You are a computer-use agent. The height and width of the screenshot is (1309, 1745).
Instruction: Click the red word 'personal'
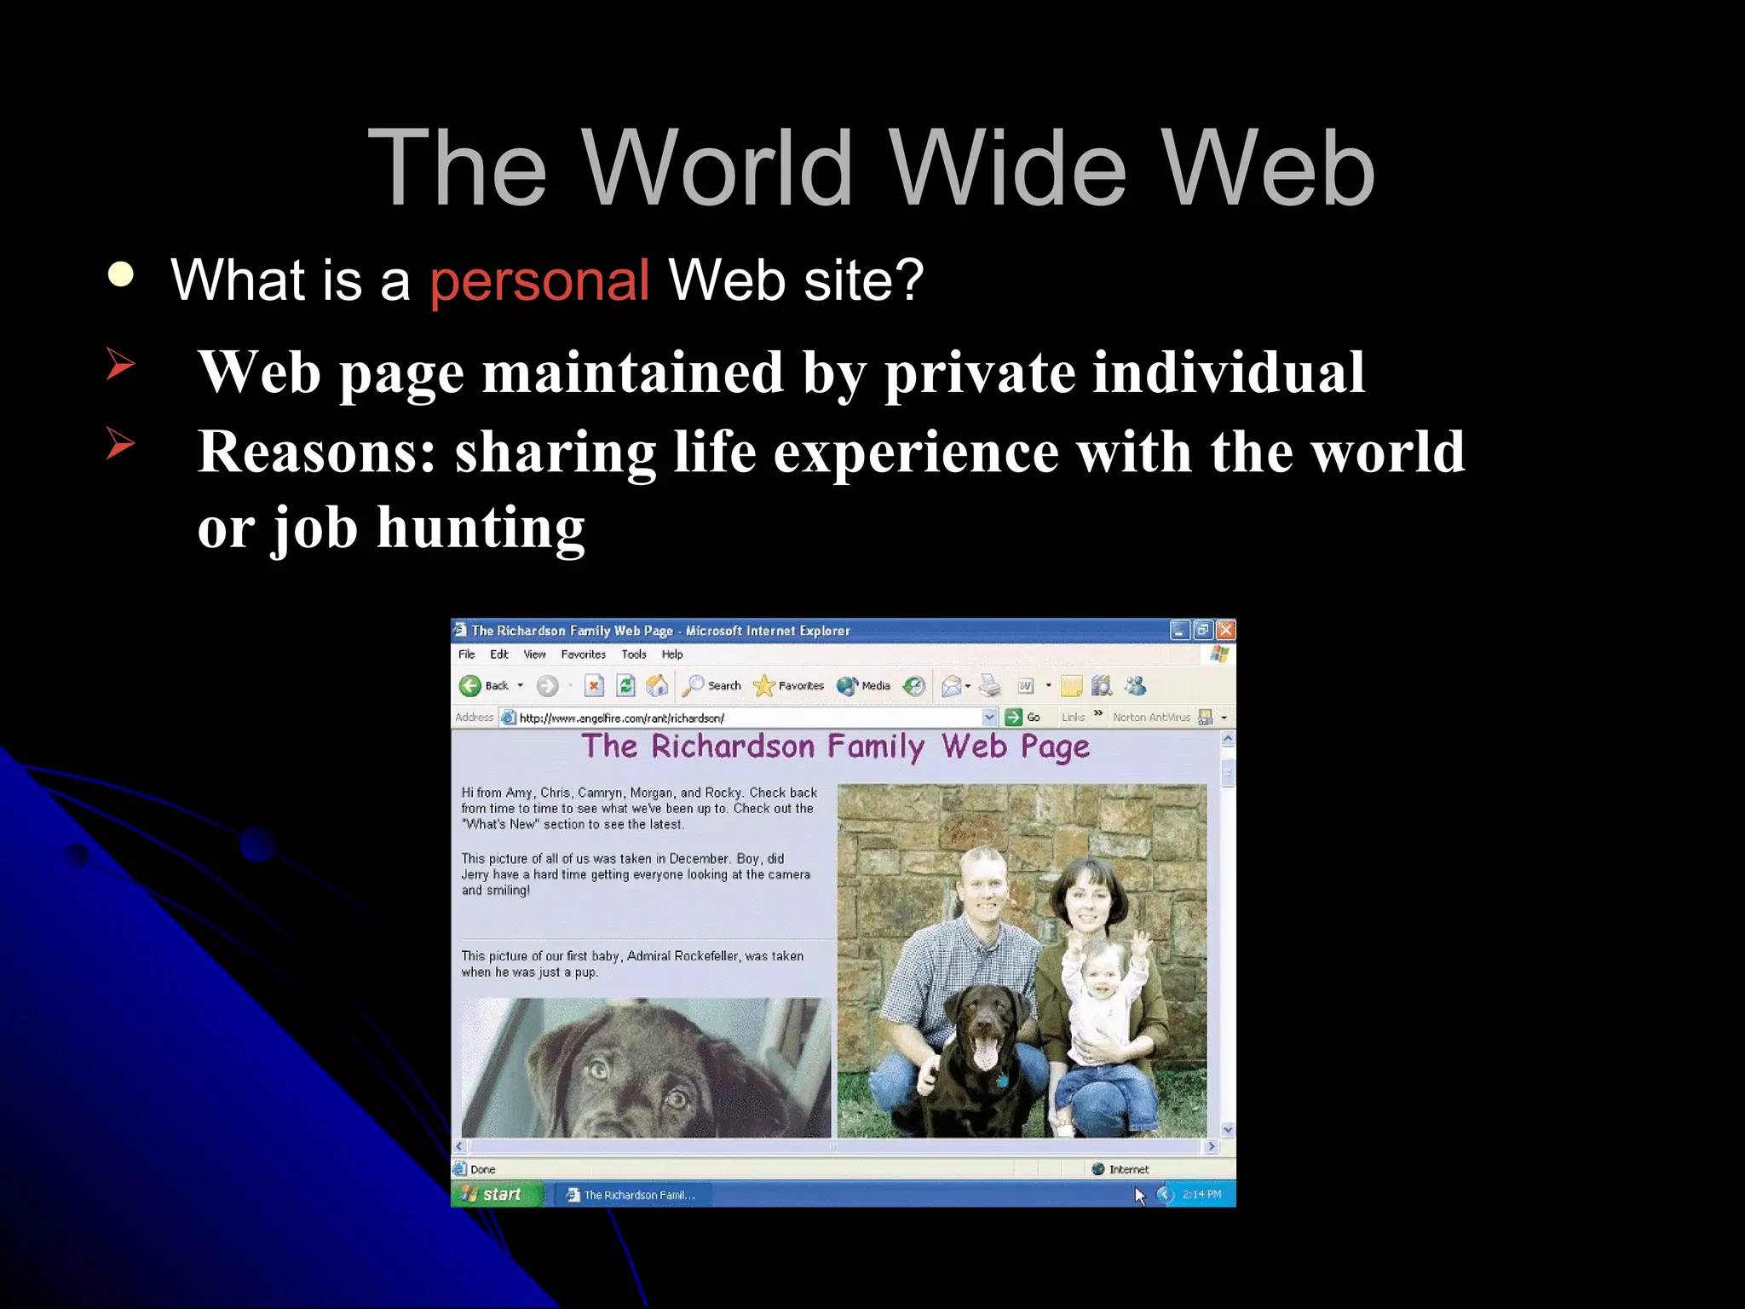539,280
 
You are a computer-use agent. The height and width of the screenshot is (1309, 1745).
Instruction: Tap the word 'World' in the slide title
718,168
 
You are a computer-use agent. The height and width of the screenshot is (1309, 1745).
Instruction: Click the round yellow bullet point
121,274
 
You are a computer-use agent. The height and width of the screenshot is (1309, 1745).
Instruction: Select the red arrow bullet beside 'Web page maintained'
120,364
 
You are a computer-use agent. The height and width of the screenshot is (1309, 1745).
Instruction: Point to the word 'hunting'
481,528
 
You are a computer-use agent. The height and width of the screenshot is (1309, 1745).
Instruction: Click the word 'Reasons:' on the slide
316,452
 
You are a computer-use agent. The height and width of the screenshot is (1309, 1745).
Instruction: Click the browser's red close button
1225,631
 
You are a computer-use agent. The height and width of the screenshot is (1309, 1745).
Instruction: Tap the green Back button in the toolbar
470,686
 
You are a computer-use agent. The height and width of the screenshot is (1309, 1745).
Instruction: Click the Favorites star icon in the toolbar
763,686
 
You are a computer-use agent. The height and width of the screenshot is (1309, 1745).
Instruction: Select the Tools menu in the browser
634,654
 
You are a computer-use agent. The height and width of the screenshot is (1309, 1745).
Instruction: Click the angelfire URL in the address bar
621,718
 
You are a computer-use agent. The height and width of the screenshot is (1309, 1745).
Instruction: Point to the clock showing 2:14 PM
1201,1195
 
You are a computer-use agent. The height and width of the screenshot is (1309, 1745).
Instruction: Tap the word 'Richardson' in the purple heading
733,747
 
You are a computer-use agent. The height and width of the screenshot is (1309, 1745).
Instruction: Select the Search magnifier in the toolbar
694,686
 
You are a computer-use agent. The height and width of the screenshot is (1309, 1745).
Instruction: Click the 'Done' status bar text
482,1169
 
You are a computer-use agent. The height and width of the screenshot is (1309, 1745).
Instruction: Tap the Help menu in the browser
672,654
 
